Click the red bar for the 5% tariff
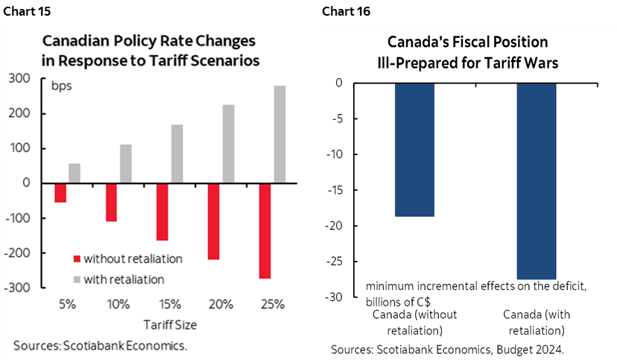[x=60, y=192]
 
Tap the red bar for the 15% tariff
[x=162, y=212]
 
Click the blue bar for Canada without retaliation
[x=414, y=149]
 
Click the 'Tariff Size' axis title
[x=170, y=325]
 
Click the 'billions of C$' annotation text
[x=399, y=301]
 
